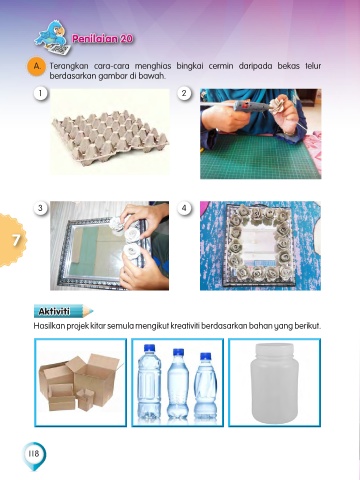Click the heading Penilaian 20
[103, 39]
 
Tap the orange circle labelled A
[36, 66]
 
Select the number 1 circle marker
[41, 93]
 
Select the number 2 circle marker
[184, 93]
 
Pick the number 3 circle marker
[41, 208]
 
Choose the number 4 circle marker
[184, 208]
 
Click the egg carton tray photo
[110, 131]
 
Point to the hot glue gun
[251, 106]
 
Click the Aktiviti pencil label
[63, 311]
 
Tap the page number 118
[34, 454]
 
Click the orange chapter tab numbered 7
[12, 240]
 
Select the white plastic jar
[274, 383]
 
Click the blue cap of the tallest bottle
[149, 348]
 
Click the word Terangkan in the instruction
[69, 66]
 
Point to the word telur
[313, 66]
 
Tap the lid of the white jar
[274, 349]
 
